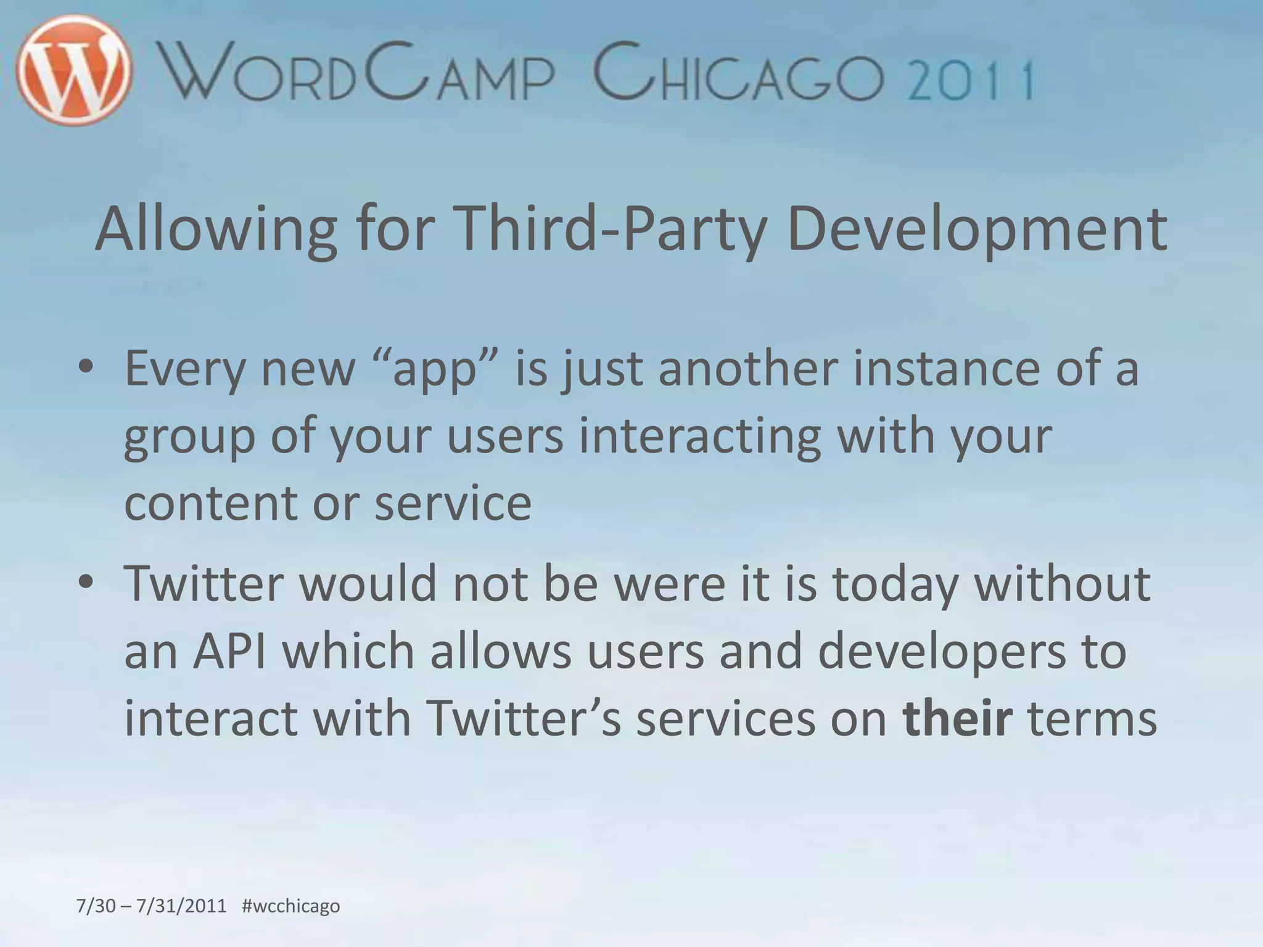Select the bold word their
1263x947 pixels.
pos(957,718)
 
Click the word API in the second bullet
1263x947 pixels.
pos(229,651)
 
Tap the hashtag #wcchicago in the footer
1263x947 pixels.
pos(291,906)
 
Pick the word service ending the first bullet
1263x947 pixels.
pos(453,503)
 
